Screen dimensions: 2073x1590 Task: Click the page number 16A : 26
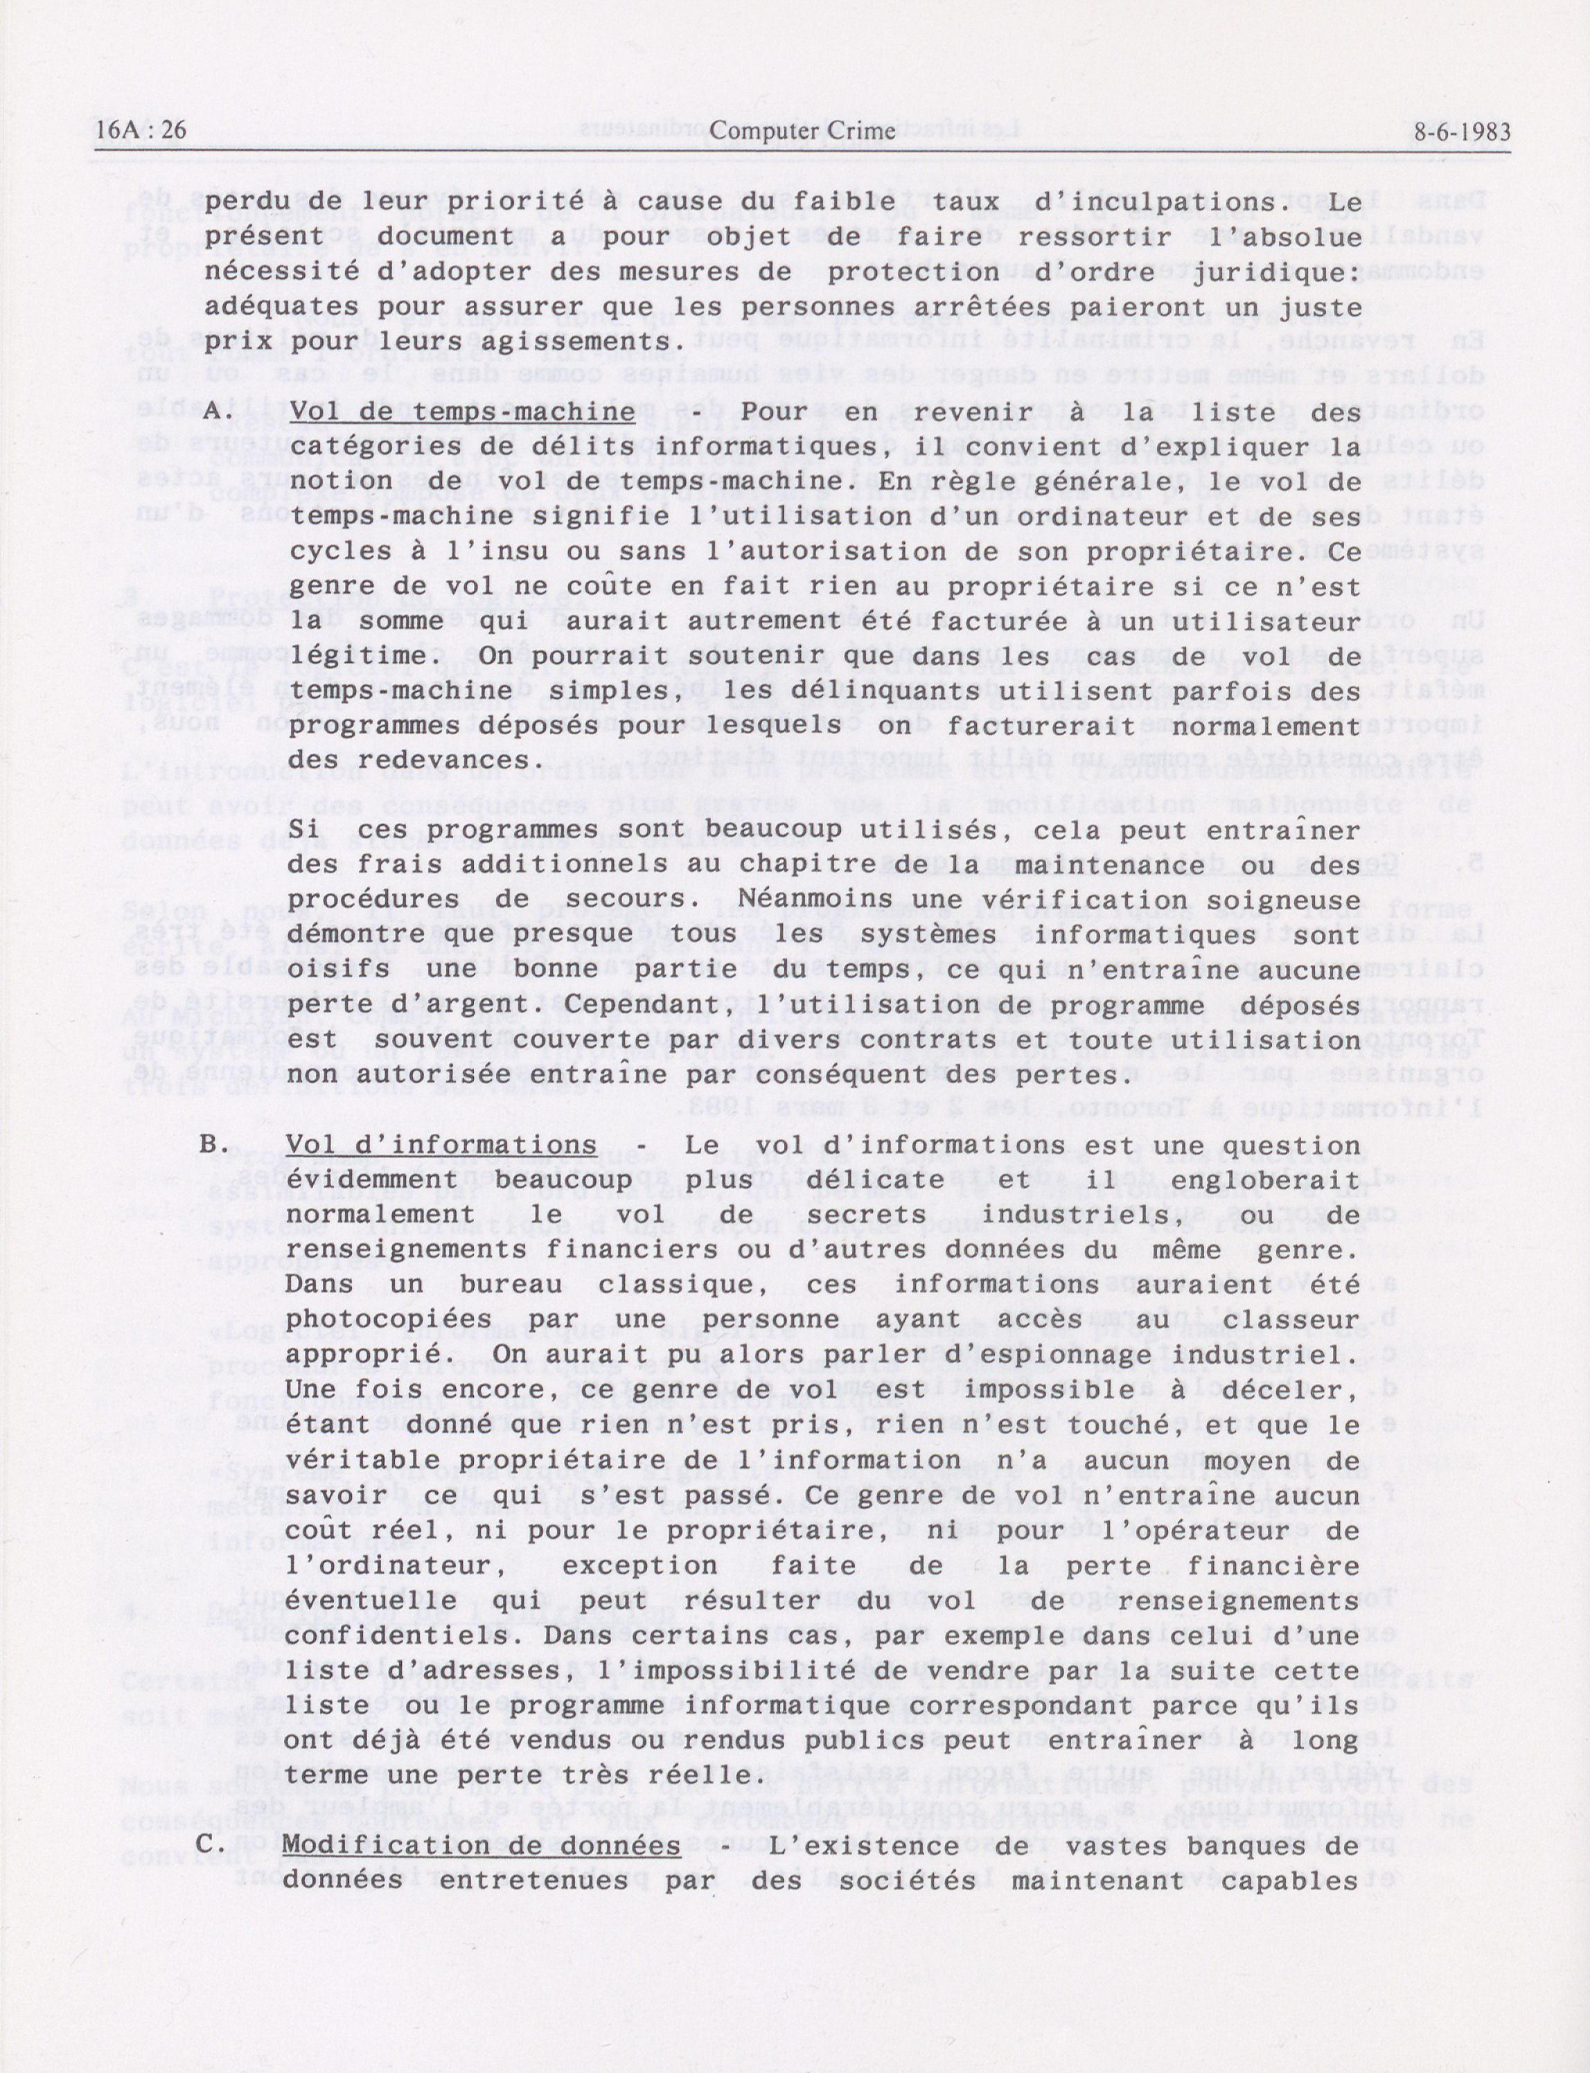(x=141, y=132)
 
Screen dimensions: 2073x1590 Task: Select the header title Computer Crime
(x=802, y=132)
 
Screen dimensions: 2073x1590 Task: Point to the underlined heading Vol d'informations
(x=441, y=1145)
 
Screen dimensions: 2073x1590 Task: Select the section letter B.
(x=210, y=1145)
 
